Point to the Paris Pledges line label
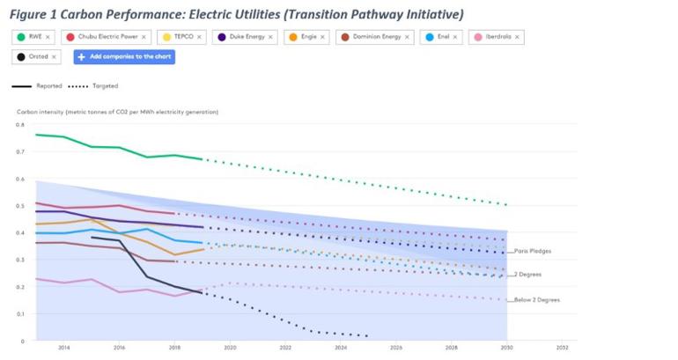[x=533, y=251]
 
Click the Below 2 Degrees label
[x=537, y=300]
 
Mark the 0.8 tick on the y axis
[x=21, y=125]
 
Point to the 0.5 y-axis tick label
[x=21, y=206]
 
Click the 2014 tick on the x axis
[x=64, y=349]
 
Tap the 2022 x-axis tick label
[x=285, y=349]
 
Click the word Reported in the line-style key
[x=48, y=86]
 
